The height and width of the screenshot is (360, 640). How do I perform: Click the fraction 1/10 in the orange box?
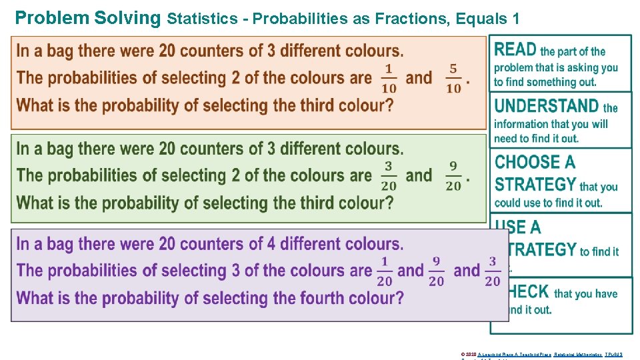click(x=388, y=79)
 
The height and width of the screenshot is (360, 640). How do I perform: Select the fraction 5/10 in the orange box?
click(x=453, y=79)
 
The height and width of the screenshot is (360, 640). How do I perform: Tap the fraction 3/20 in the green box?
click(x=388, y=176)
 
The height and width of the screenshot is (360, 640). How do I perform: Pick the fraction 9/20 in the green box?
click(x=453, y=176)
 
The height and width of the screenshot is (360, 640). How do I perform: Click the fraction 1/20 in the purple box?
click(x=385, y=271)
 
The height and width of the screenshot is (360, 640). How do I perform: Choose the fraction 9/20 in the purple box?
click(x=436, y=271)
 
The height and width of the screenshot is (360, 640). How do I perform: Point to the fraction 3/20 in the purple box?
click(x=493, y=271)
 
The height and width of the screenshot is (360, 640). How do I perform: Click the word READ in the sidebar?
click(x=515, y=49)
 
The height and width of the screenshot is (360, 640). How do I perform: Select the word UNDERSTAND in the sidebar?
click(x=547, y=105)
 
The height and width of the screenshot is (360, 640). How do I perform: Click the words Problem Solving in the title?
click(x=87, y=17)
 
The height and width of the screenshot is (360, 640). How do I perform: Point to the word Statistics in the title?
click(x=202, y=19)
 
